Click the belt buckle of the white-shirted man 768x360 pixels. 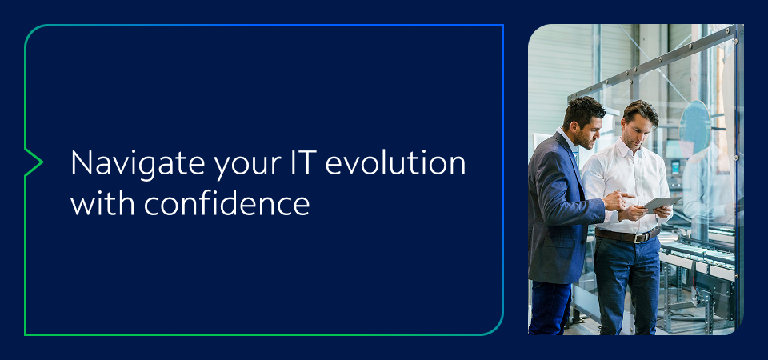pyautogui.click(x=638, y=237)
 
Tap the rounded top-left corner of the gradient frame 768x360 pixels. pyautogui.click(x=32, y=32)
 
